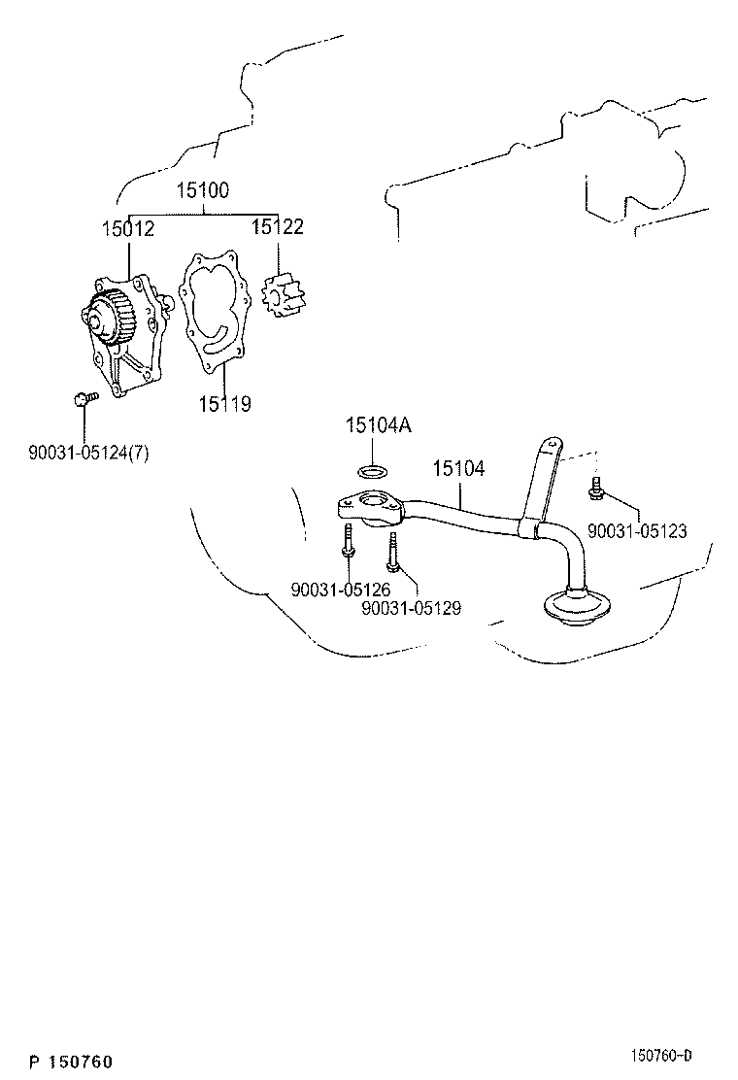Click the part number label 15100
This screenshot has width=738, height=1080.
[x=202, y=191]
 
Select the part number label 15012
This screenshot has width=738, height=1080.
[x=127, y=227]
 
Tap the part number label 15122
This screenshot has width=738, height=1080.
[x=278, y=227]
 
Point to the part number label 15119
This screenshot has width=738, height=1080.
[x=224, y=404]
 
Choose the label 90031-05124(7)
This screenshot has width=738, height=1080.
[x=88, y=452]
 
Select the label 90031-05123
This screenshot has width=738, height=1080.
[x=637, y=531]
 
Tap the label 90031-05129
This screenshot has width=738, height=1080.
[x=411, y=608]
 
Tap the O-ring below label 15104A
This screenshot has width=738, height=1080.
[x=371, y=472]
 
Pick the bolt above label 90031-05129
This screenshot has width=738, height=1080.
[x=392, y=554]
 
